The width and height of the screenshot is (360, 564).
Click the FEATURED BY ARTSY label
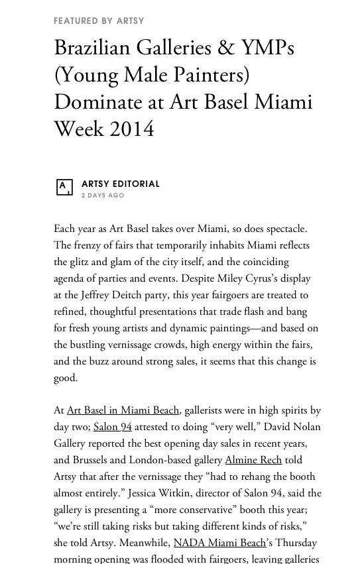click(99, 21)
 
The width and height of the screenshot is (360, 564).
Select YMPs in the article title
click(267, 48)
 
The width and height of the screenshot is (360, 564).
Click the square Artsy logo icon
click(64, 188)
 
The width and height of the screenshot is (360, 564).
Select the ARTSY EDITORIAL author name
click(121, 184)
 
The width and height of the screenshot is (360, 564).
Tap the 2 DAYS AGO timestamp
click(103, 196)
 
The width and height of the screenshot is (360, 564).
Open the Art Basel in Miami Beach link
click(123, 411)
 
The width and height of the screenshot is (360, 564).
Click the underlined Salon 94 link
click(113, 427)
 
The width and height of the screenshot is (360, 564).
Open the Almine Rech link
click(253, 461)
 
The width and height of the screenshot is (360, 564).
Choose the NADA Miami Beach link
click(219, 543)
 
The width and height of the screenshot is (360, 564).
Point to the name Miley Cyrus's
click(262, 279)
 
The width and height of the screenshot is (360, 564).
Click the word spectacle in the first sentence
click(282, 229)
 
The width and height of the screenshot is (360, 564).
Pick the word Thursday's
click(296, 543)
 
